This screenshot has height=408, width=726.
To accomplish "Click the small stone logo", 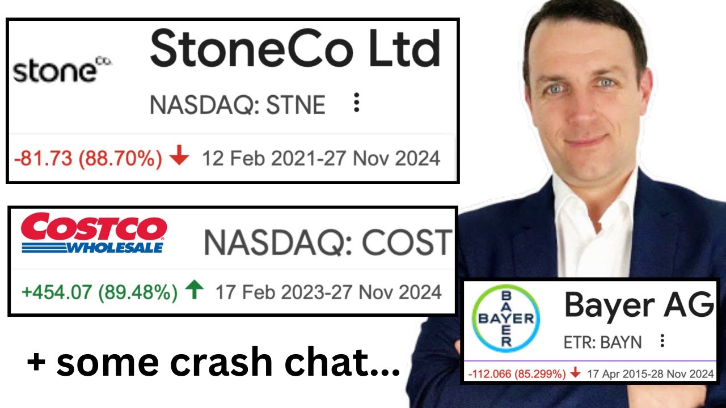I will [62, 70].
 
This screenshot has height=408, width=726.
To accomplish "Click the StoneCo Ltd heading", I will [295, 49].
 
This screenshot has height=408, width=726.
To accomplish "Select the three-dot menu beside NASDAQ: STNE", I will [356, 103].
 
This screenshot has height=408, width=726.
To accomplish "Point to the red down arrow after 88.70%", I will [179, 158].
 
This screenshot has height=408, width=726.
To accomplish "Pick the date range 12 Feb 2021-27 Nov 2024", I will [321, 158].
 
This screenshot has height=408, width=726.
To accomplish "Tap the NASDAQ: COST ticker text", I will [328, 243].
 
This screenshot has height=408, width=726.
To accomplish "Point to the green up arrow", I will [195, 291].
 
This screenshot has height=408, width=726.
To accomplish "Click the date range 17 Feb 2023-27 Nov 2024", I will [328, 292].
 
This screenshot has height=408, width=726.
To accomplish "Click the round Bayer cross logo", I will [506, 320].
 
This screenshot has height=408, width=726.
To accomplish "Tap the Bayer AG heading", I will [638, 306].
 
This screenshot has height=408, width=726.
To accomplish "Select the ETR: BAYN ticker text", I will [602, 342].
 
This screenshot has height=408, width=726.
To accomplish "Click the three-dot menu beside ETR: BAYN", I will [661, 341].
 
